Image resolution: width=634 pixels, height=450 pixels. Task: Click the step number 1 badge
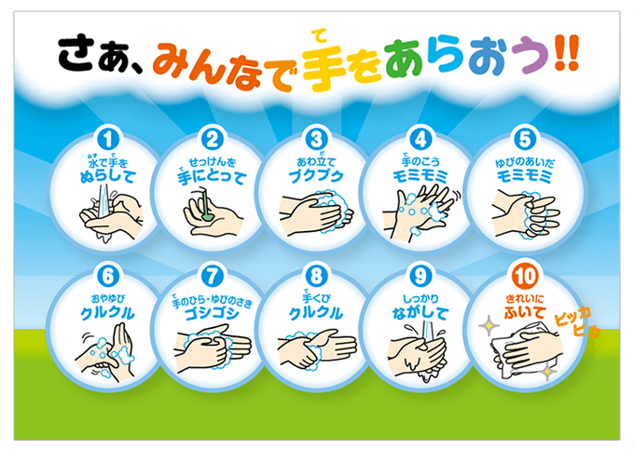pos(108,140)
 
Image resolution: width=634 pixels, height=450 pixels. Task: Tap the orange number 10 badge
pos(525,277)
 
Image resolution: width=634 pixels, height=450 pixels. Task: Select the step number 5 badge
pos(524,140)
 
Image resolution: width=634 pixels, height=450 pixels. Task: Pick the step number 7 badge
pos(213,277)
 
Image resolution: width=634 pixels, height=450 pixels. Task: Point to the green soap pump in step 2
pos(205,203)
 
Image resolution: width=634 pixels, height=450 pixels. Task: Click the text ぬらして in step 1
pos(107,176)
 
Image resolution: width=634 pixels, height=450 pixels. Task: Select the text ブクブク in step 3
pos(316,176)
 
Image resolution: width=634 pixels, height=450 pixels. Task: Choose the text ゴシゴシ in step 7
pos(212,314)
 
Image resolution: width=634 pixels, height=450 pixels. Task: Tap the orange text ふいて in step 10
pos(525,312)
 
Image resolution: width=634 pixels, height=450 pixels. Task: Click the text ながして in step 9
pos(420,313)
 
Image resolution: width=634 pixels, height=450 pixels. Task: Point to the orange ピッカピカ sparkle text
pos(576,321)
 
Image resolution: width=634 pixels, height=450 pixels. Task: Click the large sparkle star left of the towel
pos(489,325)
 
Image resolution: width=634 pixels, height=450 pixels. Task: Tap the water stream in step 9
pos(428,336)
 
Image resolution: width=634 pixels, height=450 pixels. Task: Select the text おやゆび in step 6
pos(107,299)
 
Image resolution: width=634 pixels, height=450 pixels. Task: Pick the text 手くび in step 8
pos(316,297)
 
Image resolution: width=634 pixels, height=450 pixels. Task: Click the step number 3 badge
pos(317,140)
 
